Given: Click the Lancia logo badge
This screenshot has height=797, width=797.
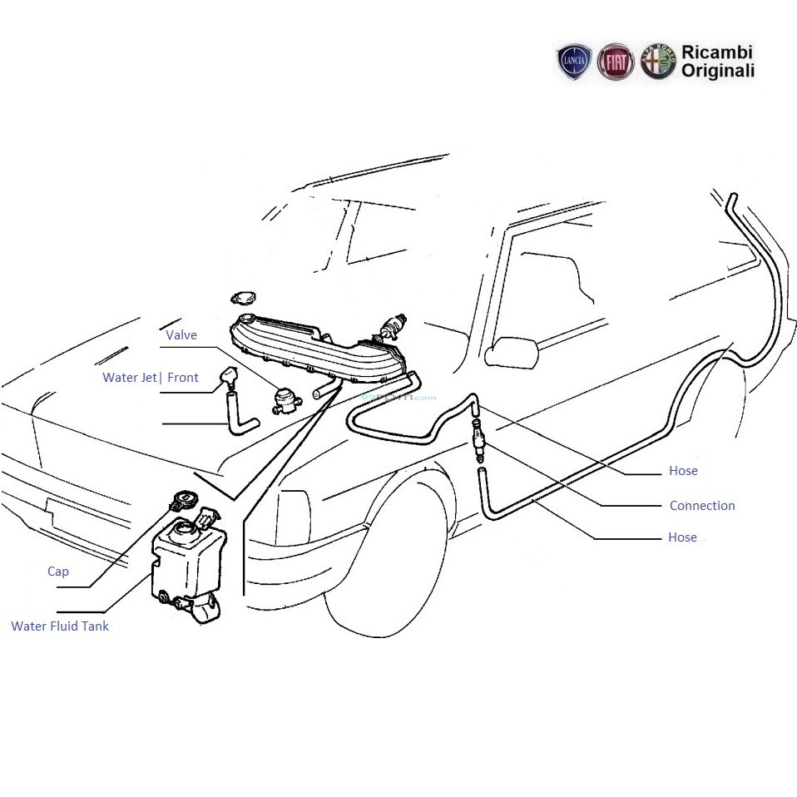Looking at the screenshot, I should [575, 63].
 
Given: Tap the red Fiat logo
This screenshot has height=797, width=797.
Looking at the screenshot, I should [616, 62].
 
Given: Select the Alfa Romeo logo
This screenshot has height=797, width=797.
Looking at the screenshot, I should [657, 62].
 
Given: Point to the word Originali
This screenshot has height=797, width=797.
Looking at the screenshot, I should [718, 72].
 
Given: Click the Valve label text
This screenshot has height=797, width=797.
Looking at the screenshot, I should [181, 335].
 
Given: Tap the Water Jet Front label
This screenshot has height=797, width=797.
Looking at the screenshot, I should [151, 378].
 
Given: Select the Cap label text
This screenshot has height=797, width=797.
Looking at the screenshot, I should [58, 572].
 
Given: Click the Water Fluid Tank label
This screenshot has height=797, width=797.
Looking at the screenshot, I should [60, 626].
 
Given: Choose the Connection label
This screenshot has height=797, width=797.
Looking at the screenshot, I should [702, 505].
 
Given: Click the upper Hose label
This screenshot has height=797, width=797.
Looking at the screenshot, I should [683, 471].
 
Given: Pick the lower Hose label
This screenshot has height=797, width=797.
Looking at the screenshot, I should [682, 537].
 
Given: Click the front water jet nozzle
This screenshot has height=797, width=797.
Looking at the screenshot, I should [227, 380].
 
